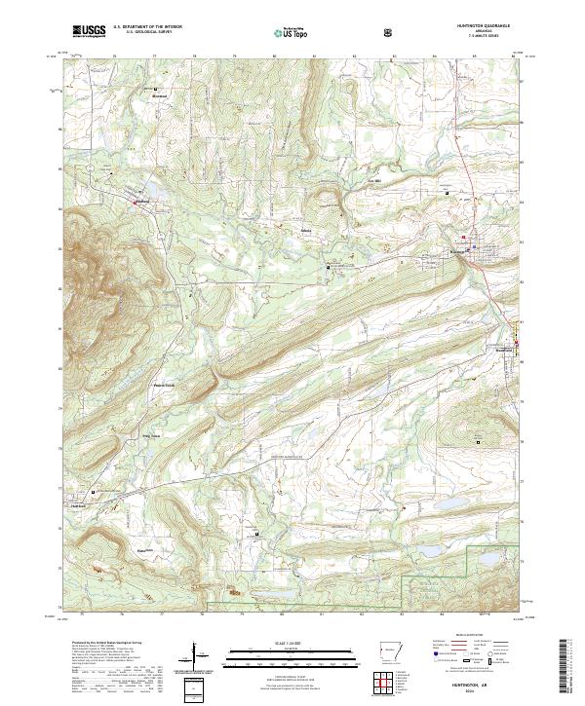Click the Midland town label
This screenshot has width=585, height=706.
(x=141, y=203)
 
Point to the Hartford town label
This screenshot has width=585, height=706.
(x=80, y=505)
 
